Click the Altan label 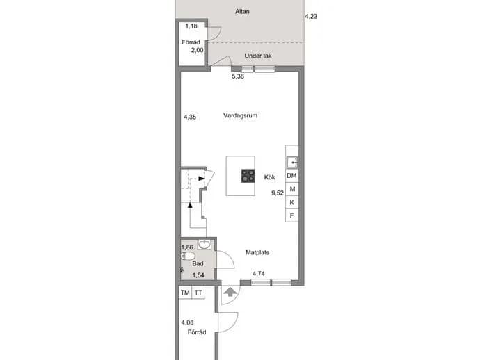click(x=242, y=12)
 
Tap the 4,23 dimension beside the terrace click(x=311, y=17)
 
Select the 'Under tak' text click(x=258, y=56)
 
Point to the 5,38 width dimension click(x=238, y=76)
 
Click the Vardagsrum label click(x=240, y=115)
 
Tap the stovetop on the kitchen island click(x=248, y=176)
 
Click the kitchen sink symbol click(x=291, y=163)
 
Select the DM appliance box click(x=291, y=176)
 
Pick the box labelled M click(x=291, y=189)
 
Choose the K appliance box click(x=291, y=202)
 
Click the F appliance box click(x=291, y=215)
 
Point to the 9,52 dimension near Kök click(x=278, y=193)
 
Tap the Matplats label click(x=257, y=253)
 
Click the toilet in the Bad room click(x=188, y=256)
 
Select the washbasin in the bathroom click(x=205, y=245)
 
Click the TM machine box click(x=185, y=293)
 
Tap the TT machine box click(x=198, y=293)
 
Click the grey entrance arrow click(x=230, y=292)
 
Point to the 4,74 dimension click(x=259, y=274)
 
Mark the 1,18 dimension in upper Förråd click(x=191, y=26)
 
